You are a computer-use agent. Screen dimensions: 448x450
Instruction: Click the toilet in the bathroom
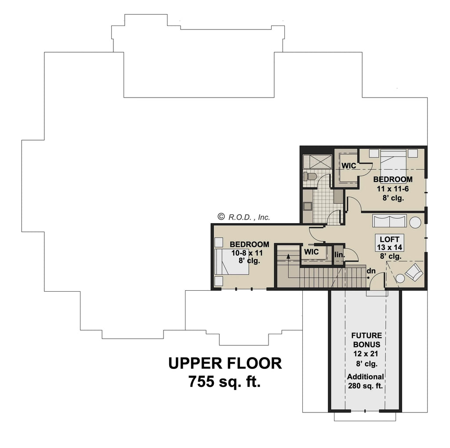click(x=310, y=177)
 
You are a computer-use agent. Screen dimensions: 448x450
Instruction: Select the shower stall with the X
click(x=316, y=161)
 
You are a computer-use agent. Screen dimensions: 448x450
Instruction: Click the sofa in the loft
click(x=389, y=220)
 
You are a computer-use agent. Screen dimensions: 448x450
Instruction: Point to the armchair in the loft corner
click(x=414, y=273)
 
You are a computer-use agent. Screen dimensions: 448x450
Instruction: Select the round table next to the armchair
click(x=400, y=278)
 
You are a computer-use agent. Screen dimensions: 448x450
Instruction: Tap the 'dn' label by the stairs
click(x=371, y=271)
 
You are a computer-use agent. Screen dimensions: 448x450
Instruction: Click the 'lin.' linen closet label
click(x=339, y=255)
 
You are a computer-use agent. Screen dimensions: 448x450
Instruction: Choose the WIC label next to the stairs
click(x=311, y=252)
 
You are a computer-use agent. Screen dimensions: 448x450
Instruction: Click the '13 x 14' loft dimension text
click(x=389, y=247)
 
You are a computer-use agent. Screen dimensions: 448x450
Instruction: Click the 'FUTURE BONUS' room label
click(x=366, y=340)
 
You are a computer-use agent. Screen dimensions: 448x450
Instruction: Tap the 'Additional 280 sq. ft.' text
click(x=366, y=381)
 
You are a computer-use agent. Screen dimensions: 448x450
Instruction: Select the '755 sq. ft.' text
click(x=225, y=382)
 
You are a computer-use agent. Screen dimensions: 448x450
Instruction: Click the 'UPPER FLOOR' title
click(x=225, y=363)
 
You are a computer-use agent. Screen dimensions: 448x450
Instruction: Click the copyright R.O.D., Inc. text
click(x=244, y=217)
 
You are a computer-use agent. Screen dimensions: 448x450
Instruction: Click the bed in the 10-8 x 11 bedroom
click(x=232, y=262)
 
